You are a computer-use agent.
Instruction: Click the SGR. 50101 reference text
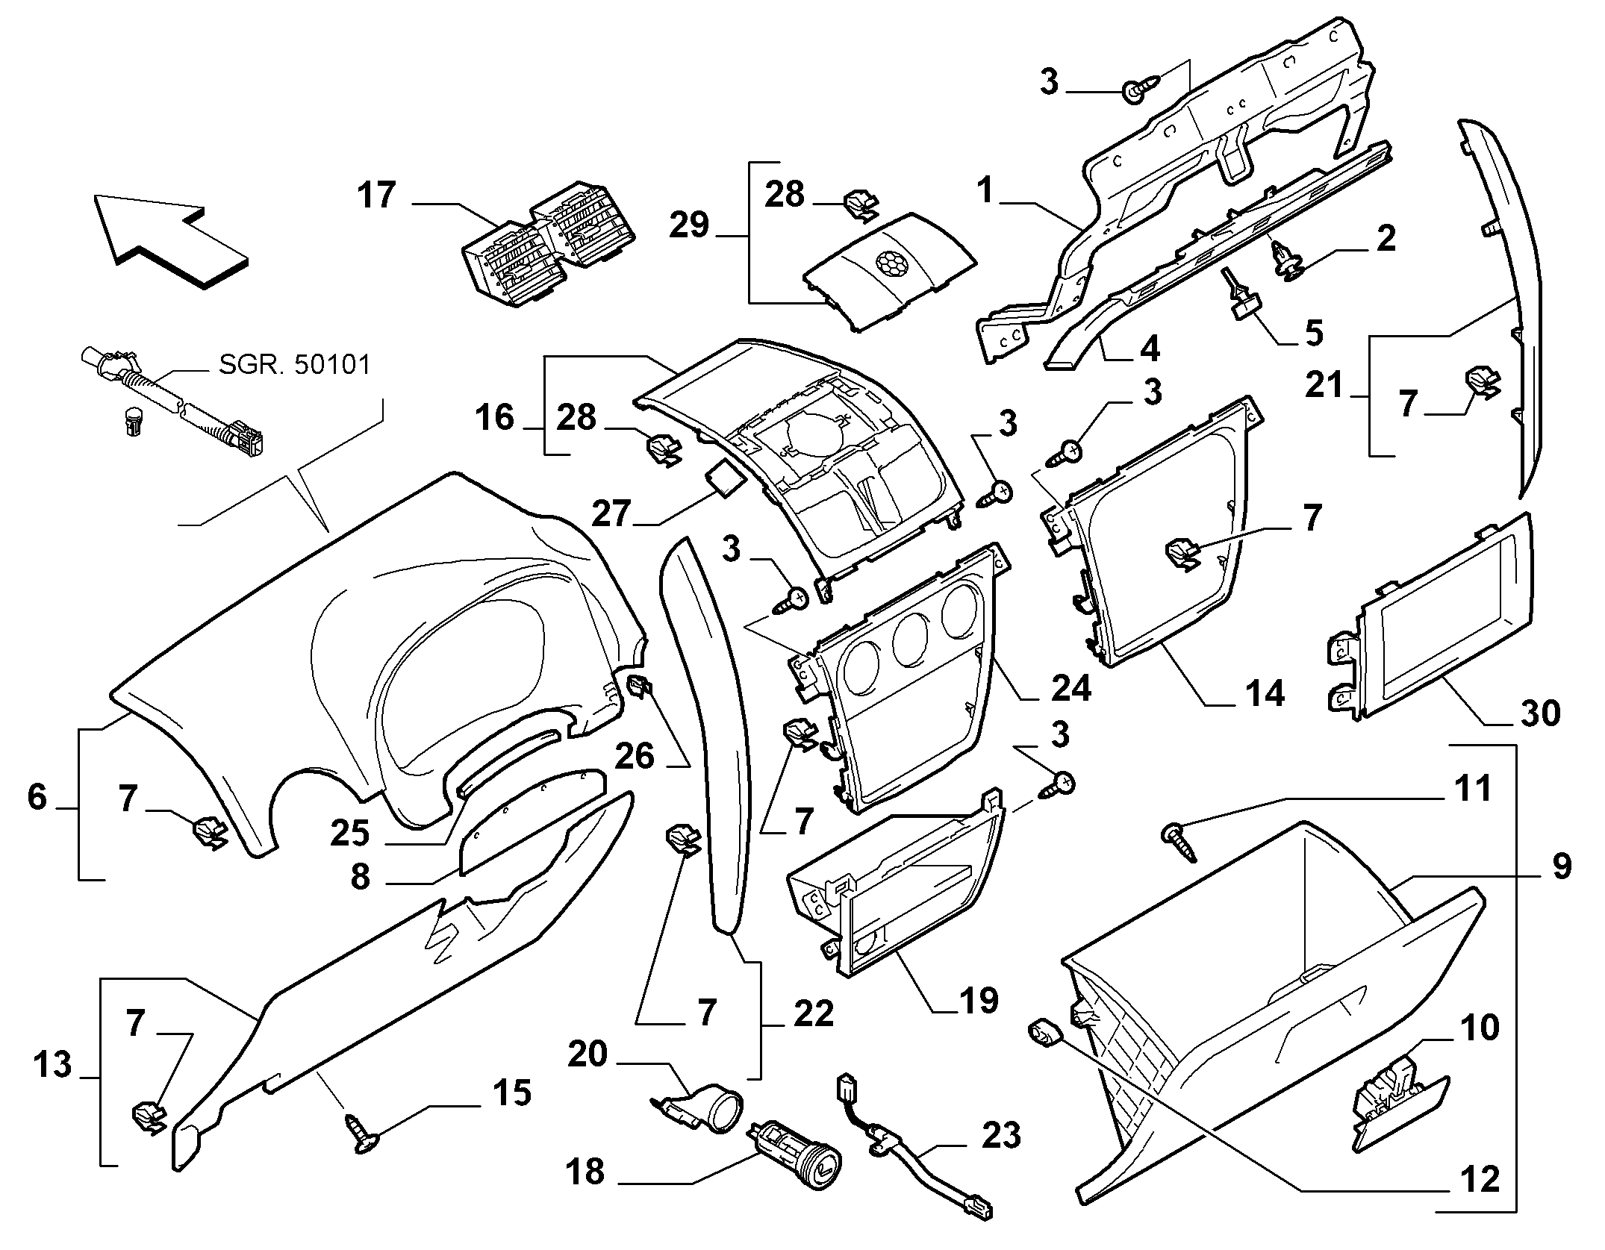[x=295, y=365]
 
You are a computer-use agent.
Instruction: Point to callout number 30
[x=1539, y=713]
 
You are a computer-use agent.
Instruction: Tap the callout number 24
[x=1070, y=687]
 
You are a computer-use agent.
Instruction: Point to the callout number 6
[x=37, y=798]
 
